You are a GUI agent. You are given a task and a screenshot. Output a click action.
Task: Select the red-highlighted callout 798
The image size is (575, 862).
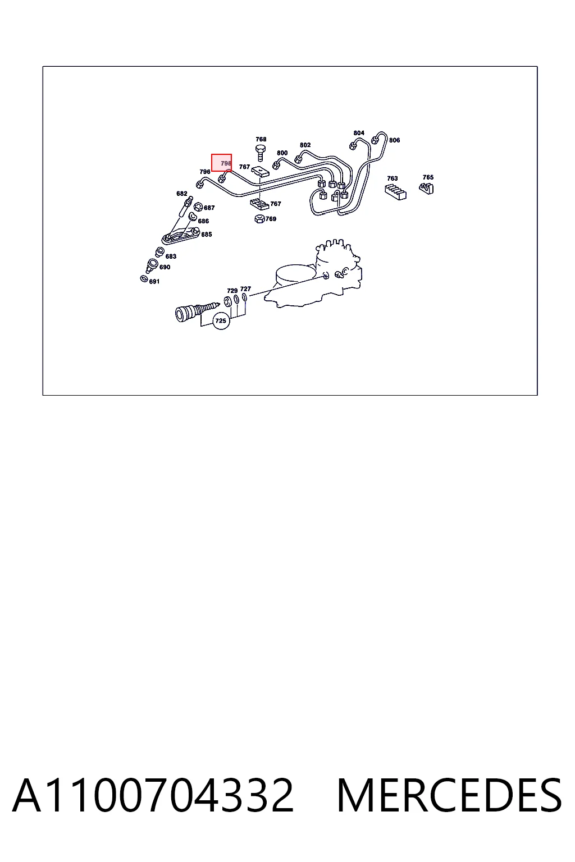coord(221,163)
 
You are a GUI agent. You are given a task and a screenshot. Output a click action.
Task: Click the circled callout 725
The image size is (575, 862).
coord(221,320)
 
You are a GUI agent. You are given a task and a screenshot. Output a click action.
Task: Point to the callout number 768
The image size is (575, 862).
coord(261,139)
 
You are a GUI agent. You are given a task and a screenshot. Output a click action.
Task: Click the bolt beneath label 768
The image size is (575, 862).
coord(261,153)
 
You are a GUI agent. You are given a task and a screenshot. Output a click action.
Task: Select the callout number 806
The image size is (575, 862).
coord(394,140)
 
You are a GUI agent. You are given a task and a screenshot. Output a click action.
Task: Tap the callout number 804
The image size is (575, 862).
coord(359,133)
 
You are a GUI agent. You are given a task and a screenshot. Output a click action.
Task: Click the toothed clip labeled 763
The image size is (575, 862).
coord(395,191)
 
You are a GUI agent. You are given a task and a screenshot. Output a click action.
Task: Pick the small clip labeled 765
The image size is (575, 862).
coord(426,188)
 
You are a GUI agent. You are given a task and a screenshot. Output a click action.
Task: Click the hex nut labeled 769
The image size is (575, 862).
coord(259,219)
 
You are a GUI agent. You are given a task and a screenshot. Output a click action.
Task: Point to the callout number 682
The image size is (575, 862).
coord(182,194)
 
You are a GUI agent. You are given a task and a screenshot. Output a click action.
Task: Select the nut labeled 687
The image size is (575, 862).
coord(198,207)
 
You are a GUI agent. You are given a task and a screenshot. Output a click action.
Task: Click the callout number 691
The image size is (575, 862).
coord(154,282)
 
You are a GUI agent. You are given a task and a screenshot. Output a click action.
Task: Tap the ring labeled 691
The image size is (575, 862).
coord(144,278)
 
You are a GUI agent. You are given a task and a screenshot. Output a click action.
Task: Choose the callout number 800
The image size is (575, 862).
coord(282,153)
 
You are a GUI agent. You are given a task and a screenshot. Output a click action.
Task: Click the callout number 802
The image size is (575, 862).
coord(305,145)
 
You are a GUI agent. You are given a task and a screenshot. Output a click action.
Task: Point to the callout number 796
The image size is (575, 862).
coord(205,172)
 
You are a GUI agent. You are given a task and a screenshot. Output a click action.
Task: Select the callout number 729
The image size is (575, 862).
coord(232,291)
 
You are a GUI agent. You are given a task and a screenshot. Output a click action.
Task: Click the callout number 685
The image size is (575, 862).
coord(207,235)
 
